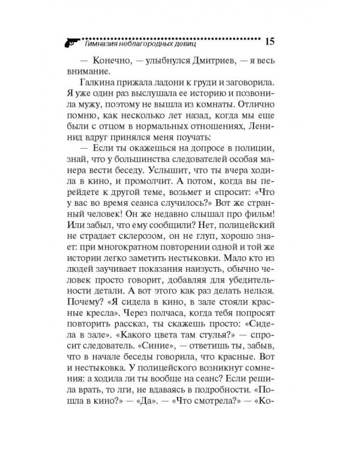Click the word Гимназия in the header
click(105, 44)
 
